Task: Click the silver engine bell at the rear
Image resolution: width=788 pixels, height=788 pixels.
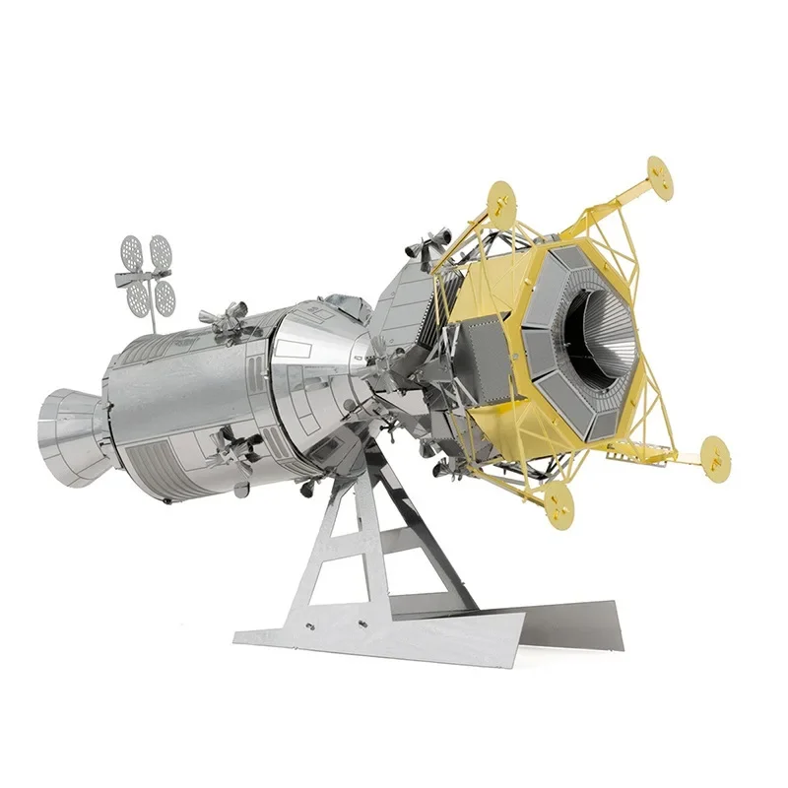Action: click(x=71, y=433)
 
